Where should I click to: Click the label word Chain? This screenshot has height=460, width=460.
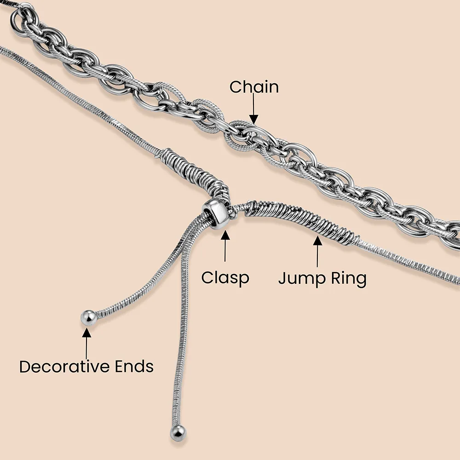(254, 86)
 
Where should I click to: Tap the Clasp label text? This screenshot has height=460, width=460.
(225, 277)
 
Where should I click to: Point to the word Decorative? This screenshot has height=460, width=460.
(65, 367)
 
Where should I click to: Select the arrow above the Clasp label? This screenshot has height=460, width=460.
(225, 248)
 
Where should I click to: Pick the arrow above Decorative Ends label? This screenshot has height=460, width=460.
(87, 340)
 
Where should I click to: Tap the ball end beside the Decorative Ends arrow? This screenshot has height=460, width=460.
(88, 317)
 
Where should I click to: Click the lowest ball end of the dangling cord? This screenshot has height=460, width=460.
(178, 432)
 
